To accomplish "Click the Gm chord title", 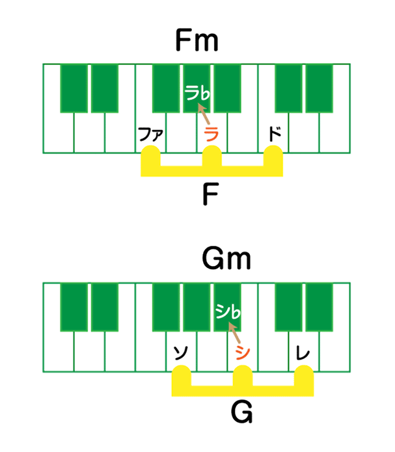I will point(226,261).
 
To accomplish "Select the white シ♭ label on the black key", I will point(228,314).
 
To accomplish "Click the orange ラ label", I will point(210,135).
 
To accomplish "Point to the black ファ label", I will point(150,135).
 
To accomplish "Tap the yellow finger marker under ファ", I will point(150,157).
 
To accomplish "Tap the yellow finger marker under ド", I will point(273,157).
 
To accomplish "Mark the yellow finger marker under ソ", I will point(181,376).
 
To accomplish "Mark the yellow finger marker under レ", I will point(304,376).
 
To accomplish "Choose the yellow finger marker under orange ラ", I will point(211,157).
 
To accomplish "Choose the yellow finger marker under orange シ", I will point(243,376).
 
